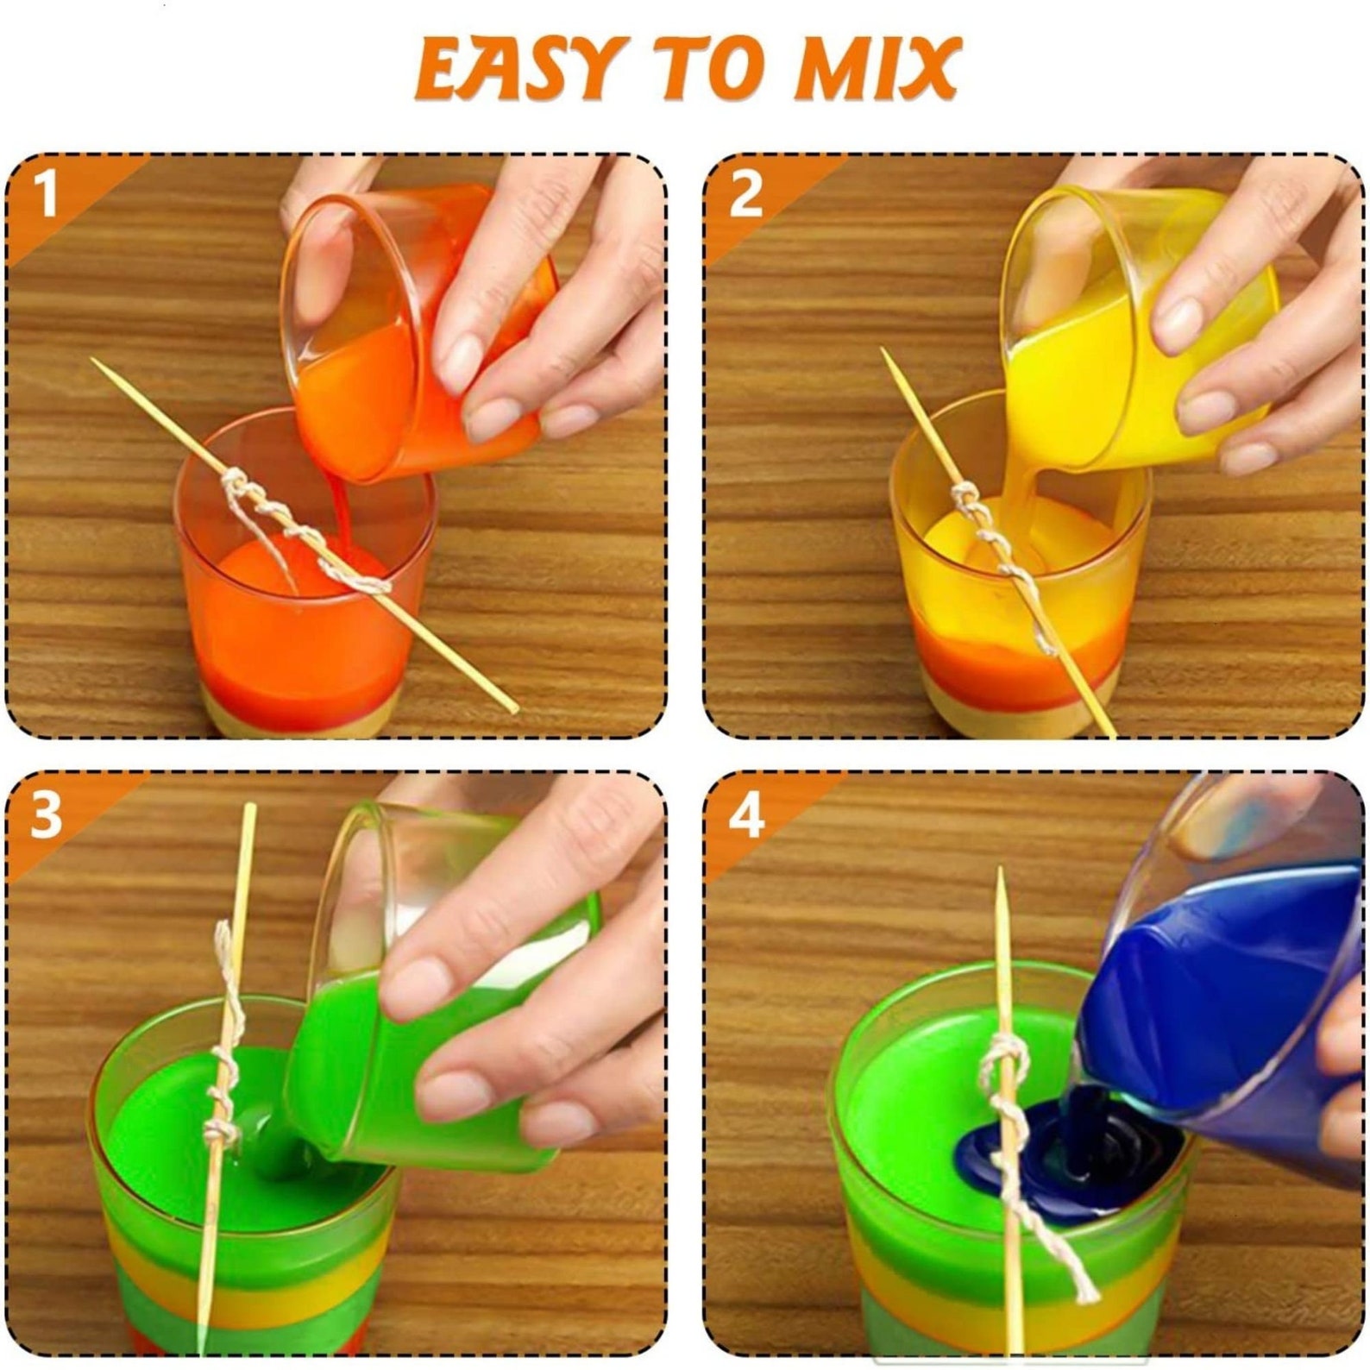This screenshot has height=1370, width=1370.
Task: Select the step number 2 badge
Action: click(744, 195)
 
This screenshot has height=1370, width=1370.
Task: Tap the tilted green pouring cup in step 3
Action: click(414, 1035)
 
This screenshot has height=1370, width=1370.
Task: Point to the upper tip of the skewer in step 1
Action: click(95, 362)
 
